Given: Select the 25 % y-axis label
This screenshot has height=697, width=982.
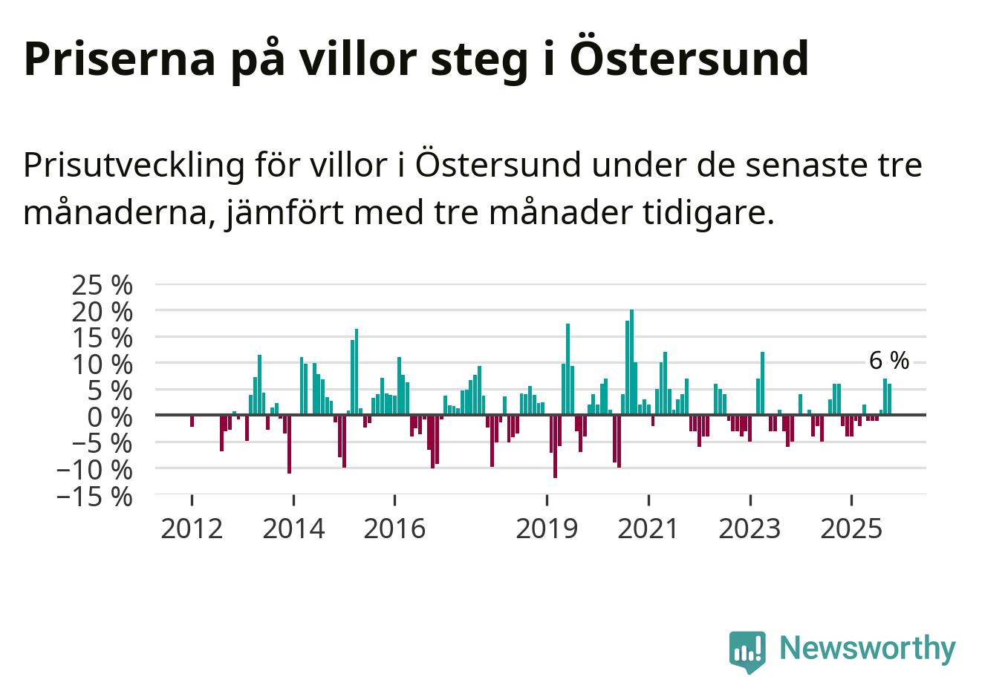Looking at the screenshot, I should coord(103,285).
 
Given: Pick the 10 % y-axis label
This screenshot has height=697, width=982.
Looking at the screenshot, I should coord(103,364).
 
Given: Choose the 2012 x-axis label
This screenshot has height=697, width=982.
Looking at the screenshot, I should coord(192,529).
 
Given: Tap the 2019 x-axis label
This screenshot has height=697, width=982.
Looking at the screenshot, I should coord(547,529).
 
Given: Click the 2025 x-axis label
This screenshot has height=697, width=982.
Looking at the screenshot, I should coord(851,529).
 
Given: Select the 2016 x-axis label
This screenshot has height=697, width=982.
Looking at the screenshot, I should coord(394,529).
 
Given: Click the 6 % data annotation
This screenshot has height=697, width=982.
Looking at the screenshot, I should coord(888,361).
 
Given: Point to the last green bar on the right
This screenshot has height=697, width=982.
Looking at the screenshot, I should coord(889,399).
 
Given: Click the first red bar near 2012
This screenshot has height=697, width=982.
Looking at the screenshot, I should coord(192,421).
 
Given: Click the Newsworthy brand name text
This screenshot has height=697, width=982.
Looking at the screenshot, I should coord(867,648).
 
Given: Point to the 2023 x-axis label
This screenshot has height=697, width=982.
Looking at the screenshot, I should coord(750,529).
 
